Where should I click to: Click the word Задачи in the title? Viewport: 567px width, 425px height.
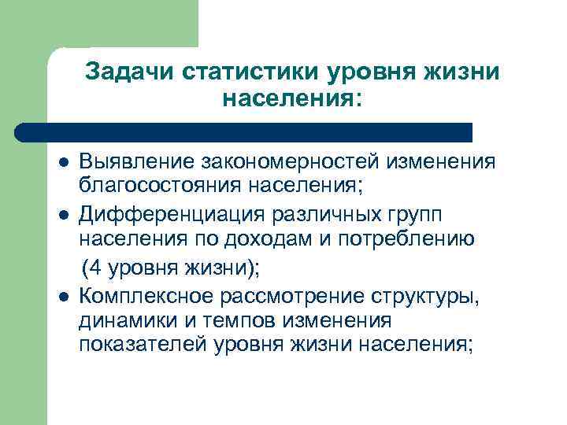tap(129, 72)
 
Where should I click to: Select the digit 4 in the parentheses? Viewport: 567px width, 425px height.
tap(98, 266)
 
